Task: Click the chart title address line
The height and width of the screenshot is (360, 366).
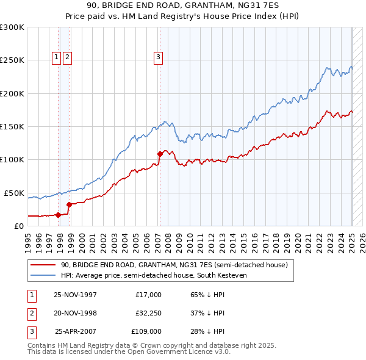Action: [x=182, y=6]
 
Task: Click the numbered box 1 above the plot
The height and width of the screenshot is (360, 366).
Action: [x=56, y=58]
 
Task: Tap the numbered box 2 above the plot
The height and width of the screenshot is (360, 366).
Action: [x=66, y=58]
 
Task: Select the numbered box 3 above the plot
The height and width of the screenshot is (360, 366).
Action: [x=158, y=58]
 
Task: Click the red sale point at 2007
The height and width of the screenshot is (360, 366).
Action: [x=160, y=154]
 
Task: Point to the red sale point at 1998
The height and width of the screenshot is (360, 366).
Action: [x=69, y=204]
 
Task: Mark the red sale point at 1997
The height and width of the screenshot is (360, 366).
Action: [x=59, y=214]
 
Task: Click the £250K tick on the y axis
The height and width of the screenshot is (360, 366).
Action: [x=12, y=60]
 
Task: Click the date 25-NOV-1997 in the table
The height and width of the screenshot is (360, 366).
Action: [x=75, y=295]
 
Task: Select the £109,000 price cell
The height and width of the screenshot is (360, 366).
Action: [x=146, y=331]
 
